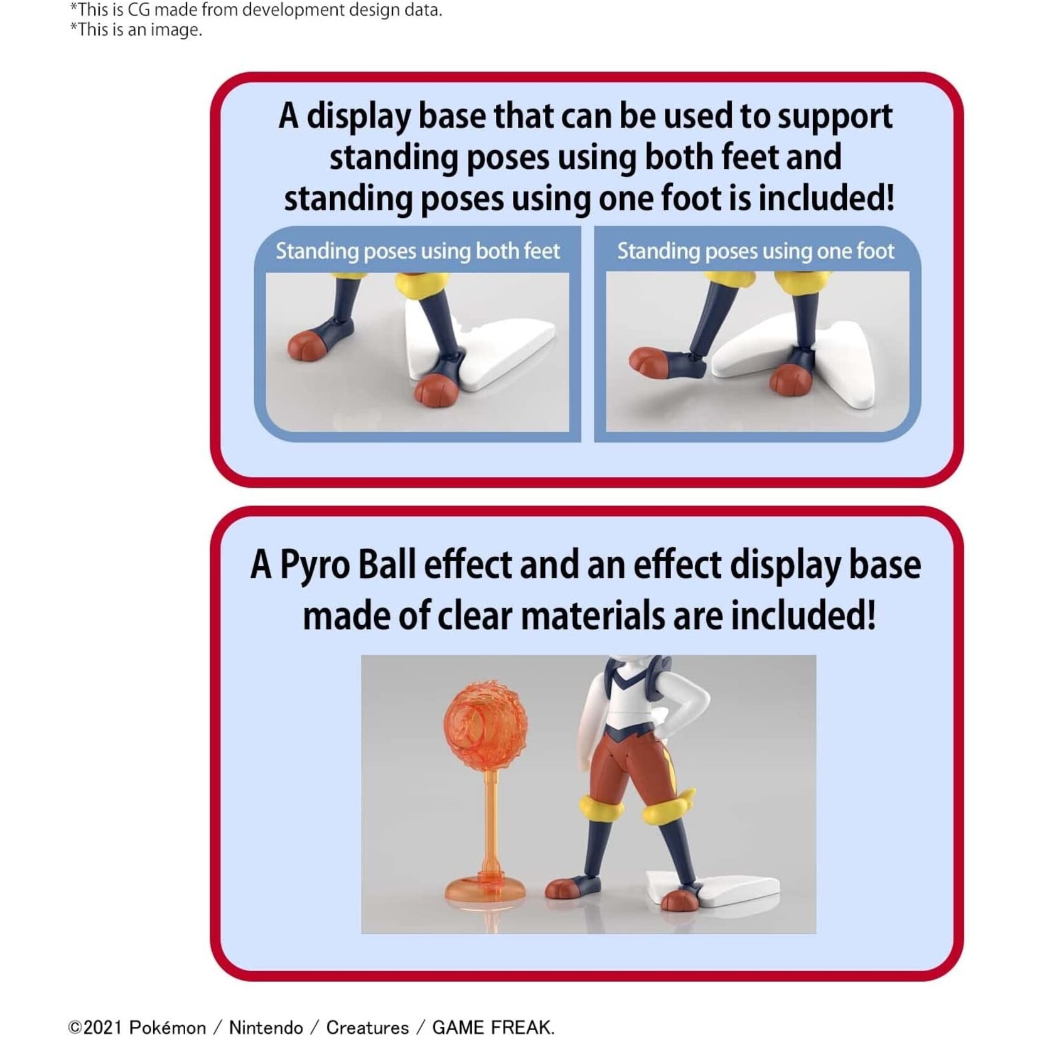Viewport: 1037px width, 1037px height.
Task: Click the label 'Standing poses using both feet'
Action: (417, 251)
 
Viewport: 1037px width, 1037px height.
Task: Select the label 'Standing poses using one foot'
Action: (756, 251)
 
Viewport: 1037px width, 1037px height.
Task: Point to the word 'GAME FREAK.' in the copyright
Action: (493, 1027)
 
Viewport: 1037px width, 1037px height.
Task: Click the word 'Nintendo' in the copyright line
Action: (266, 1027)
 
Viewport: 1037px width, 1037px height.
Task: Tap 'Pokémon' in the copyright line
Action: (168, 1027)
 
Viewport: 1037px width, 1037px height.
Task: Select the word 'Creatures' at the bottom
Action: (367, 1027)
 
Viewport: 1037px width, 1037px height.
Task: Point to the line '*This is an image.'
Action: (136, 30)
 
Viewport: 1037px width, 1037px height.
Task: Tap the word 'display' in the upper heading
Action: (358, 117)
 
